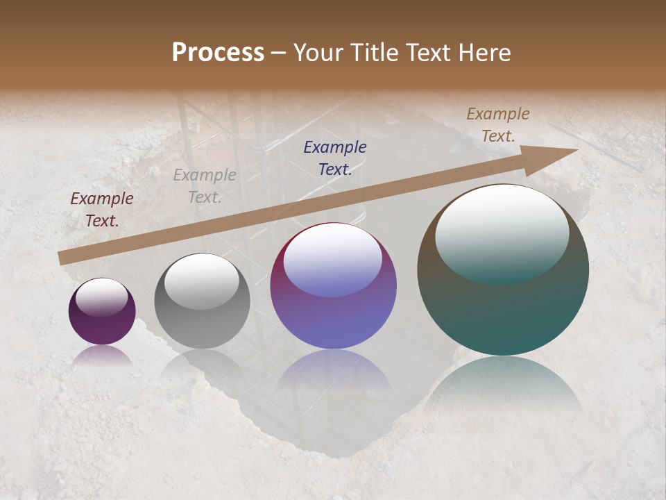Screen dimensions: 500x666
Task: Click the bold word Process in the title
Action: pyautogui.click(x=218, y=53)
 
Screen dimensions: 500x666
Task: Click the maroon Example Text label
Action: pyautogui.click(x=102, y=210)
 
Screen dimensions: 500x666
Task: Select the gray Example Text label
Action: pyautogui.click(x=205, y=186)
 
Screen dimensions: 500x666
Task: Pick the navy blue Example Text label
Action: pyautogui.click(x=335, y=158)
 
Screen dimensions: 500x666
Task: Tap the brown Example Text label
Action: pyautogui.click(x=498, y=125)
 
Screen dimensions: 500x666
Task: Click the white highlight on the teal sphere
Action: pyautogui.click(x=502, y=233)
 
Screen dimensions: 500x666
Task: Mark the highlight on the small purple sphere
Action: pyautogui.click(x=101, y=297)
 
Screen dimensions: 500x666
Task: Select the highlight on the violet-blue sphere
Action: pyautogui.click(x=333, y=259)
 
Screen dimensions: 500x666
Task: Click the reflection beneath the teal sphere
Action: pyautogui.click(x=503, y=385)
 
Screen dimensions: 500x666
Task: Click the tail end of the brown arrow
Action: pyautogui.click(x=62, y=258)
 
